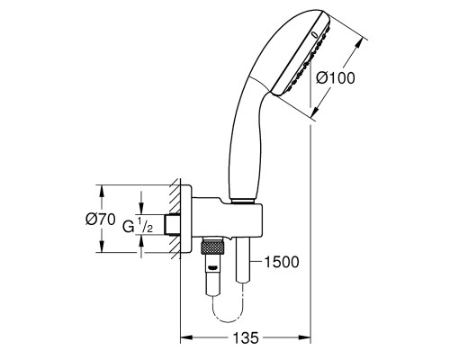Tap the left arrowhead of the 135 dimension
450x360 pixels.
185,337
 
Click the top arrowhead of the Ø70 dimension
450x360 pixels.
102,190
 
